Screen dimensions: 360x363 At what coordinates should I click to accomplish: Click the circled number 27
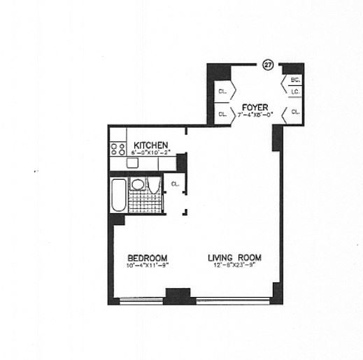pyautogui.click(x=266, y=65)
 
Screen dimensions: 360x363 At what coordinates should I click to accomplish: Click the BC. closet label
pyautogui.click(x=295, y=80)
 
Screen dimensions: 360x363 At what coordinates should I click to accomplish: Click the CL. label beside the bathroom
pyautogui.click(x=176, y=185)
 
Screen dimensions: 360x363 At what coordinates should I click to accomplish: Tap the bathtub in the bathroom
pyautogui.click(x=118, y=195)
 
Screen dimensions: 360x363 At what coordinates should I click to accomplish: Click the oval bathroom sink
pyautogui.click(x=138, y=185)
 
